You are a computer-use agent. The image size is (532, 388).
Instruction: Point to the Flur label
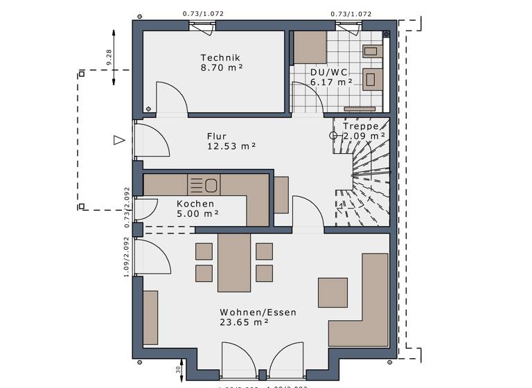click(x=217, y=136)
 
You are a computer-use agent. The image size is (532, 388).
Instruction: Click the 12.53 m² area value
click(x=231, y=146)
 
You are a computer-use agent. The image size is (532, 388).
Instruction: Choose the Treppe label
click(x=360, y=126)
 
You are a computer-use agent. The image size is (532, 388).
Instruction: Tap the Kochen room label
click(x=195, y=204)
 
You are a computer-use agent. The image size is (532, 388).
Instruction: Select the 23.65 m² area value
click(x=244, y=322)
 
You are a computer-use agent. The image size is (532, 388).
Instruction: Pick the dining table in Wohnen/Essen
click(x=234, y=262)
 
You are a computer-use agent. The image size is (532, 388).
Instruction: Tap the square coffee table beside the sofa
click(x=332, y=292)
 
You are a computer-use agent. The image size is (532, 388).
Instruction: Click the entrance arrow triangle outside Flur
click(x=118, y=140)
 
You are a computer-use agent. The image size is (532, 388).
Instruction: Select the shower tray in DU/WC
click(x=309, y=46)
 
